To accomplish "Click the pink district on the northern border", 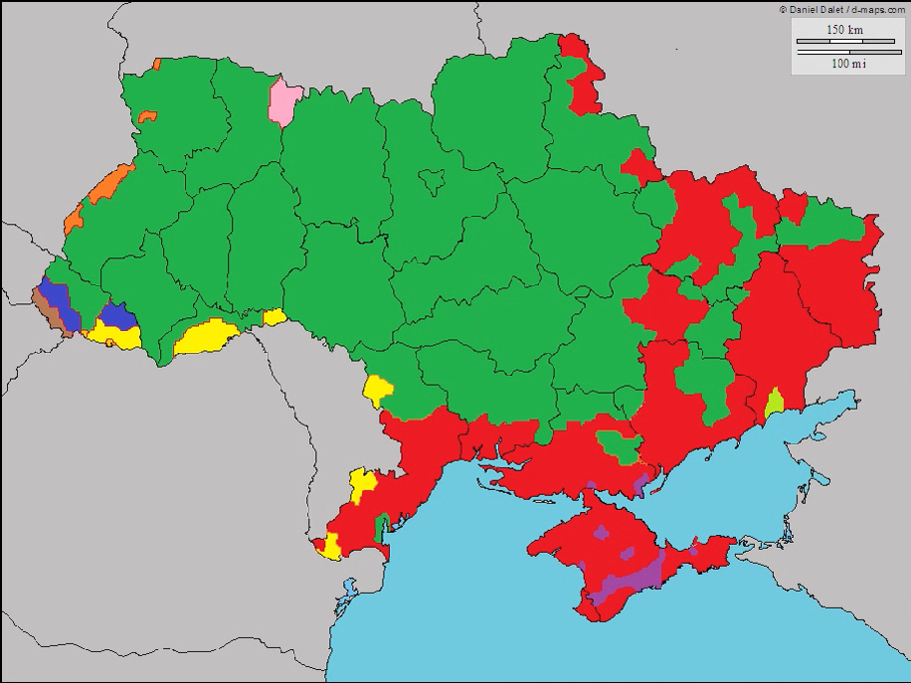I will [284, 102].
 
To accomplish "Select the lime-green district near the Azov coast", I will [775, 403].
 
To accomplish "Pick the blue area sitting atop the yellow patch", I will [117, 315].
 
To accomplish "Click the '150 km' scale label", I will [844, 30].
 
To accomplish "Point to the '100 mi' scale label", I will [847, 63].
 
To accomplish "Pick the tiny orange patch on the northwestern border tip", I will [156, 65].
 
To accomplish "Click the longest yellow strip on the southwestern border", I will [206, 337].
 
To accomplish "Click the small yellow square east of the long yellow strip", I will [274, 317].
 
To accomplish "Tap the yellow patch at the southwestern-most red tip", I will [330, 546].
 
